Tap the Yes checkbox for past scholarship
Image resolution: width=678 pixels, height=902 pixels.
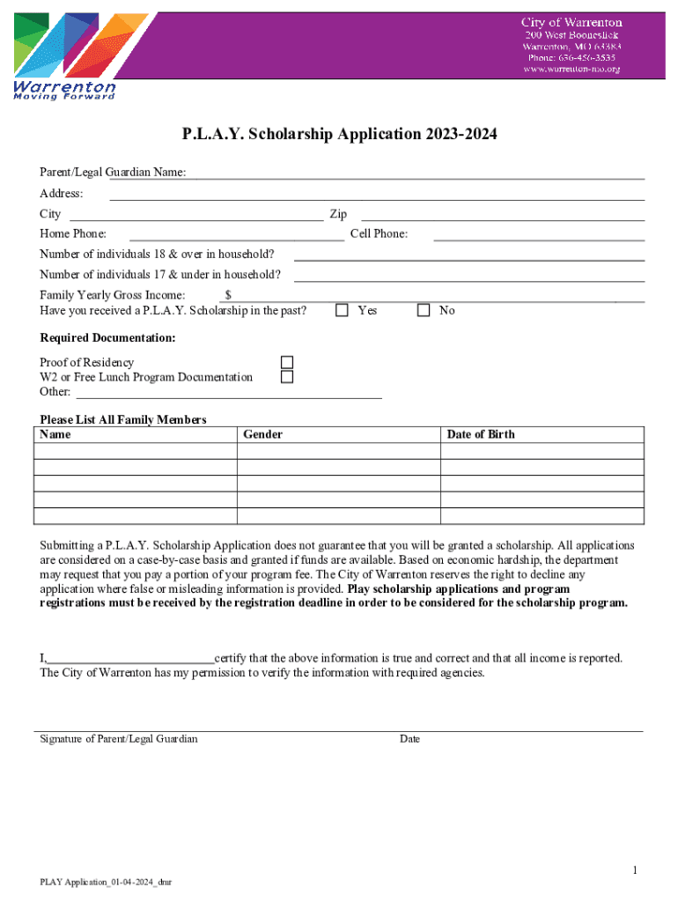point(342,310)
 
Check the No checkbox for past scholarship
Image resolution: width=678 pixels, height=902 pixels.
point(424,310)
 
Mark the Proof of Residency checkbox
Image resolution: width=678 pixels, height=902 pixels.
point(286,362)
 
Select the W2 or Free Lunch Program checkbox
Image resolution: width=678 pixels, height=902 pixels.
point(286,377)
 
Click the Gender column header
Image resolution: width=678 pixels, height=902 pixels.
point(262,434)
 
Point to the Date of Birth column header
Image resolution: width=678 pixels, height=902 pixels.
point(481,434)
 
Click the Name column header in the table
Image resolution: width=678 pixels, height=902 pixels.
point(55,434)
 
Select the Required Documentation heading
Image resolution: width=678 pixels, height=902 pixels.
point(107,338)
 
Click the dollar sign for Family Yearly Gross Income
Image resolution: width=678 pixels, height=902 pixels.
point(228,295)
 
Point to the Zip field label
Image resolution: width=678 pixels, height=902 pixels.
point(338,214)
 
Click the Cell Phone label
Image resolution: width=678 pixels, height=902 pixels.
point(379,234)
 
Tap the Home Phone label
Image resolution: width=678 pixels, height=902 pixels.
point(73,234)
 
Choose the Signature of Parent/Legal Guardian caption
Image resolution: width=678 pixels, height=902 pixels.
point(119,739)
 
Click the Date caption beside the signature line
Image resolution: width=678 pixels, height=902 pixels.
point(409,739)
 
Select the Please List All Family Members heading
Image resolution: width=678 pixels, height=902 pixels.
point(123,419)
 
